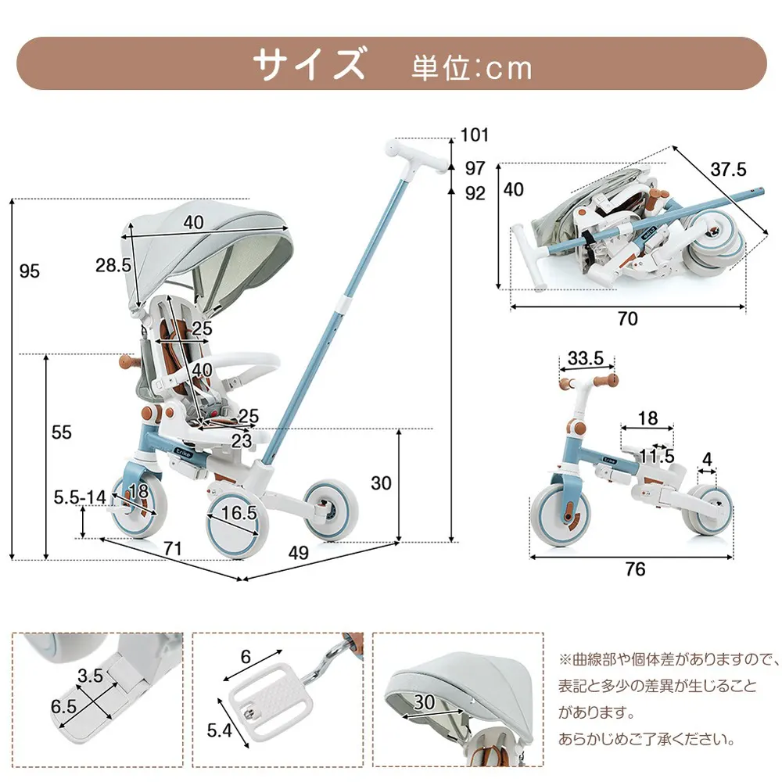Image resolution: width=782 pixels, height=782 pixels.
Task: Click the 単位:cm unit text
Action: (x=472, y=68)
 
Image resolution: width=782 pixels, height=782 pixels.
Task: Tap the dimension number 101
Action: (x=475, y=135)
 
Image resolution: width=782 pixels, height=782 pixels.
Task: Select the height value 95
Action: (x=30, y=271)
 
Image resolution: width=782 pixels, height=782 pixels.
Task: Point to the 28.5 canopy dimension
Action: (x=113, y=265)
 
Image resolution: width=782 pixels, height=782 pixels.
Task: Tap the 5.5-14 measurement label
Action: (x=80, y=496)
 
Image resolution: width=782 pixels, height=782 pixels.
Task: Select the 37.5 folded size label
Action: (x=728, y=169)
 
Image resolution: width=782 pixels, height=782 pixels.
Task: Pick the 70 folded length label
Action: (x=627, y=319)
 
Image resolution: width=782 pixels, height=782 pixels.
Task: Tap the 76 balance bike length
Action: (x=635, y=569)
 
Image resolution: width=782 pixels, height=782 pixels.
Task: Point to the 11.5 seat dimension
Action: (x=656, y=456)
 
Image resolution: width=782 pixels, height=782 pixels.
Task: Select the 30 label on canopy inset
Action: (x=425, y=702)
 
